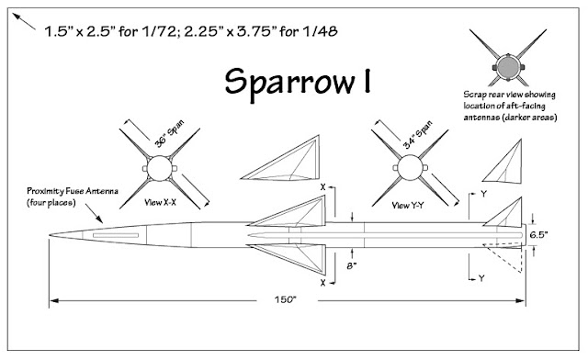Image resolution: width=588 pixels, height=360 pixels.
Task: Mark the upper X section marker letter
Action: coord(324,186)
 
